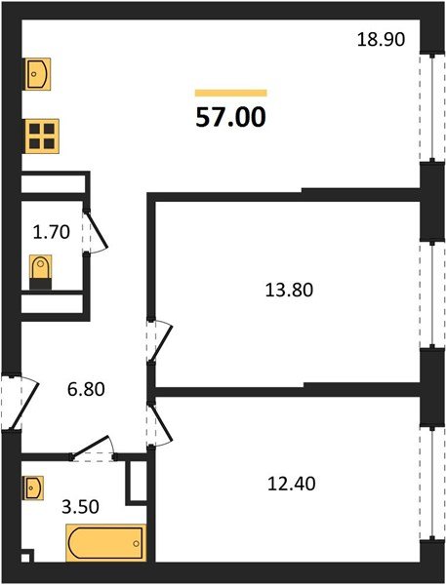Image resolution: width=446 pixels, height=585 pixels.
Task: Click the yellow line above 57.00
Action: [230, 93]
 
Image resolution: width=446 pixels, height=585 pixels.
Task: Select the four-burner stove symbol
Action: [41, 136]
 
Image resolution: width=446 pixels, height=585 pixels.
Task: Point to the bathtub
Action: [105, 542]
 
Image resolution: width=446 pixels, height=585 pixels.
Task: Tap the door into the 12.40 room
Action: [158, 422]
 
